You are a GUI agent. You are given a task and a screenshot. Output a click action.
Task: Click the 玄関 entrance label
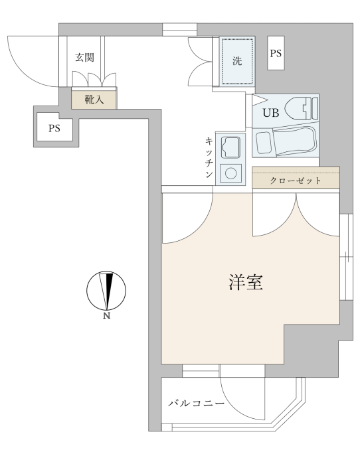point(85,57)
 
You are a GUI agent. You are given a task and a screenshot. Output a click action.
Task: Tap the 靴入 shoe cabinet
point(94,100)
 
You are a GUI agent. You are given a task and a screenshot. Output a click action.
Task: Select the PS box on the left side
point(54,129)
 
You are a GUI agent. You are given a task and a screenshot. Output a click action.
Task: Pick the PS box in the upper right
point(276,53)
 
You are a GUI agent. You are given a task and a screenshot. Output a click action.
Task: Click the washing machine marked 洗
point(237,61)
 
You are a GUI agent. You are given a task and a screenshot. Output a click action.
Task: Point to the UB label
point(271,112)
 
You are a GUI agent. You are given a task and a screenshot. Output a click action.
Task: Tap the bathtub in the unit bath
point(285,142)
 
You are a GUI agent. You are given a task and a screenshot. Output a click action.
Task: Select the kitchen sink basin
point(230,147)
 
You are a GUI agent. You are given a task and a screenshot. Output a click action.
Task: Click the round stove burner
point(231,173)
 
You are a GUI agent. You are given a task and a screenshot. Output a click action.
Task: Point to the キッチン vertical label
point(209,157)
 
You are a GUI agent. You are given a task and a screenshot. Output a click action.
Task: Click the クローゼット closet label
point(296,181)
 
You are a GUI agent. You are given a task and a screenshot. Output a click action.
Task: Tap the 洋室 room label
point(246,282)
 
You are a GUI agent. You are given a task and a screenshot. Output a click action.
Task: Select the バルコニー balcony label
point(197,404)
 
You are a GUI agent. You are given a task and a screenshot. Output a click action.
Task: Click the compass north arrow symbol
point(106,291)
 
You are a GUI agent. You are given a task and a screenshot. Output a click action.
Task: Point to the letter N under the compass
point(107,316)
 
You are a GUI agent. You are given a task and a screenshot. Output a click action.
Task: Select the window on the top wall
point(179,29)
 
